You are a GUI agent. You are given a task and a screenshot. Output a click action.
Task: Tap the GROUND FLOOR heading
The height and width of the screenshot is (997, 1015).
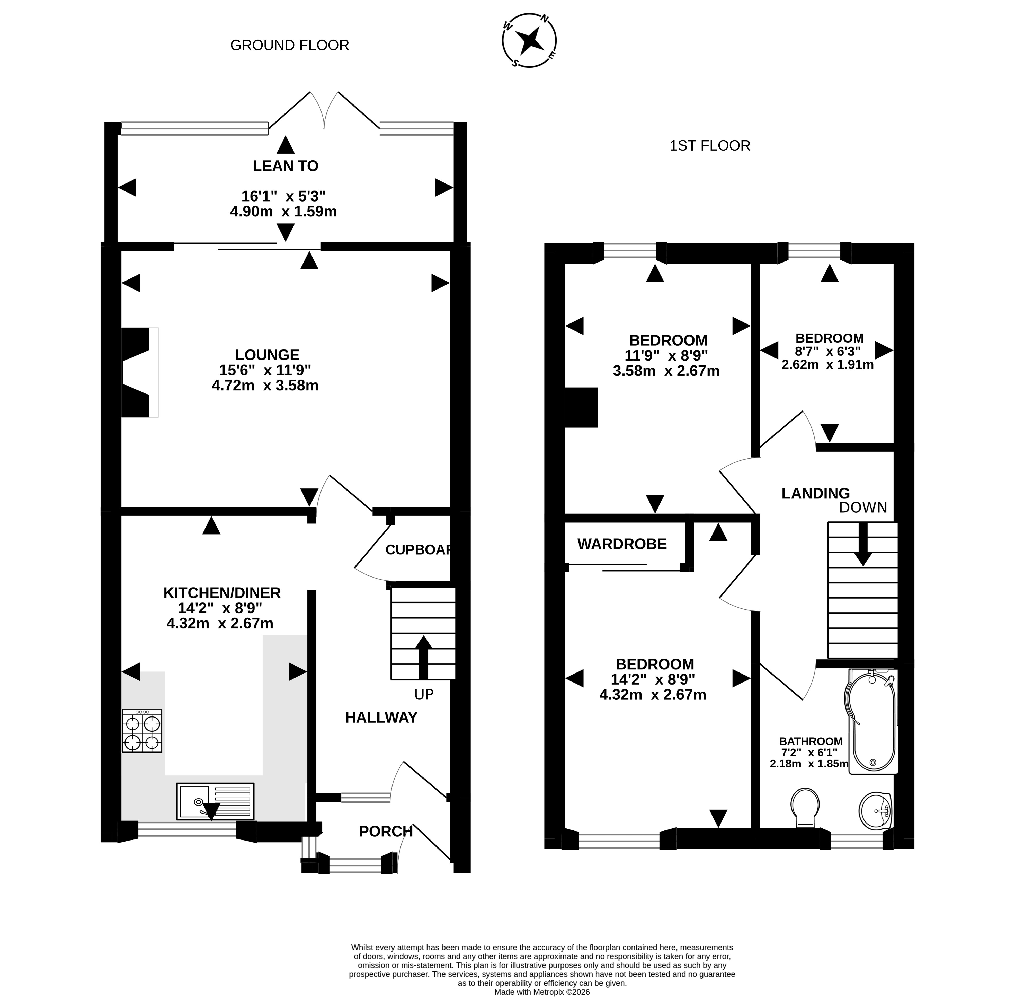(x=289, y=46)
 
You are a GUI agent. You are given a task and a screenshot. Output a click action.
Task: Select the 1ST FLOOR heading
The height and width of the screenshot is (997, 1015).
(x=710, y=146)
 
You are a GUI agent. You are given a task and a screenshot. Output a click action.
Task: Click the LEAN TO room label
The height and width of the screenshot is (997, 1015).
(x=285, y=166)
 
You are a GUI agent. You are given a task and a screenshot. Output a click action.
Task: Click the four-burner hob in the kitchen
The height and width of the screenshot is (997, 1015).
(x=142, y=730)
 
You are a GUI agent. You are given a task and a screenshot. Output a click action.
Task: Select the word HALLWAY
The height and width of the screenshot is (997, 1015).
(x=381, y=717)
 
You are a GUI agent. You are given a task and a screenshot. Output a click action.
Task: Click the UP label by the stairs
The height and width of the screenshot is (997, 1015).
(x=424, y=694)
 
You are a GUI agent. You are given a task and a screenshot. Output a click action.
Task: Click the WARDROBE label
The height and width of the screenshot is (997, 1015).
(x=622, y=544)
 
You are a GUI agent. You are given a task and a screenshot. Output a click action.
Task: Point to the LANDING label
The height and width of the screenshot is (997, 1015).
(x=816, y=493)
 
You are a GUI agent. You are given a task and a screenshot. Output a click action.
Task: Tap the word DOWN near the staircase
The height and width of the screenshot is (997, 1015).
(x=863, y=508)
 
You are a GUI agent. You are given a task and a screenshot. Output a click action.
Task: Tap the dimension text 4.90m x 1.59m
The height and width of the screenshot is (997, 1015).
(x=283, y=212)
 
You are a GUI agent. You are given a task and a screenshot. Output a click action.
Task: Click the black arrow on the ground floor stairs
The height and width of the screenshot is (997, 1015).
(x=423, y=657)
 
